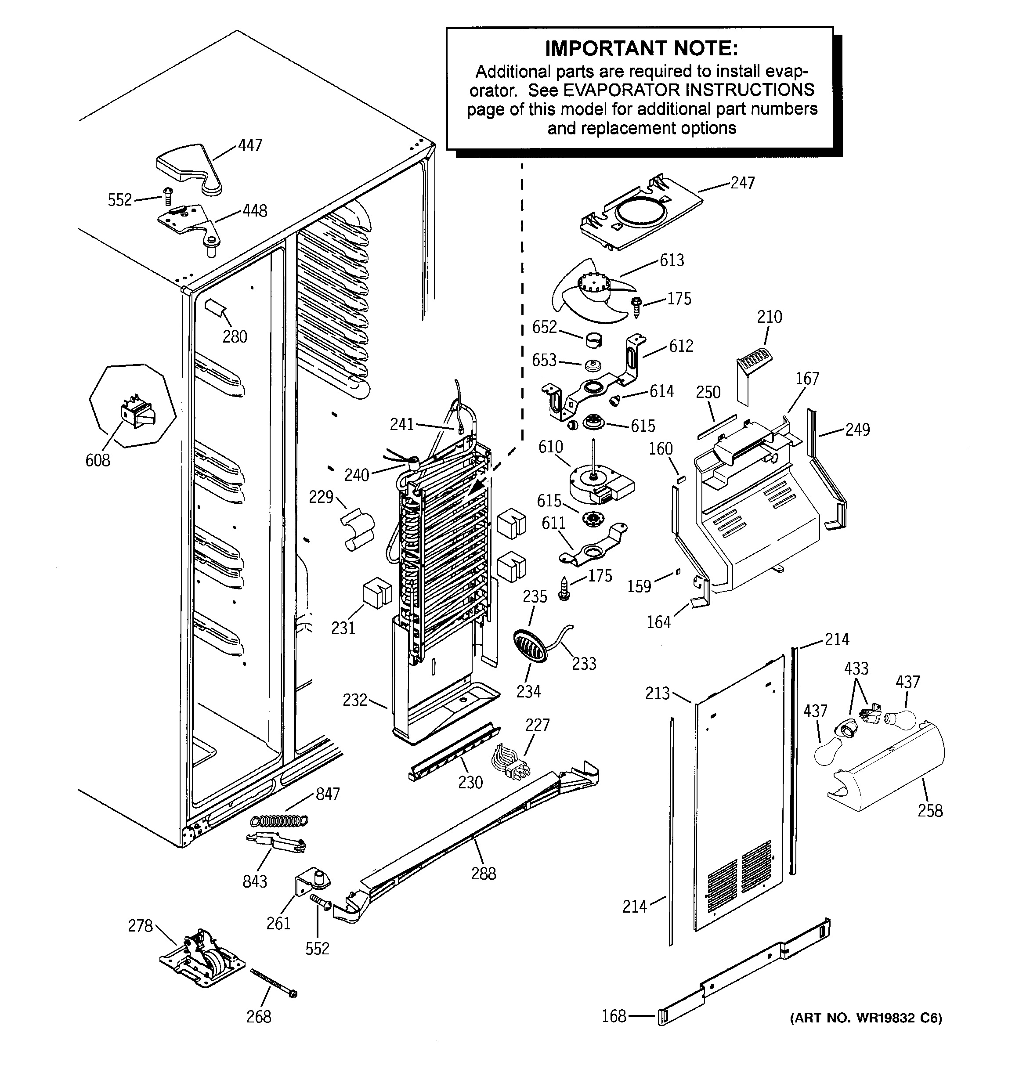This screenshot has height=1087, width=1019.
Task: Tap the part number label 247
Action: [742, 183]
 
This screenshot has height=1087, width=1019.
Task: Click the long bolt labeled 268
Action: [274, 982]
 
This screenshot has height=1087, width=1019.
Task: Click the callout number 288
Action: [484, 874]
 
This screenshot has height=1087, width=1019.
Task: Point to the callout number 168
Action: [614, 1016]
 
